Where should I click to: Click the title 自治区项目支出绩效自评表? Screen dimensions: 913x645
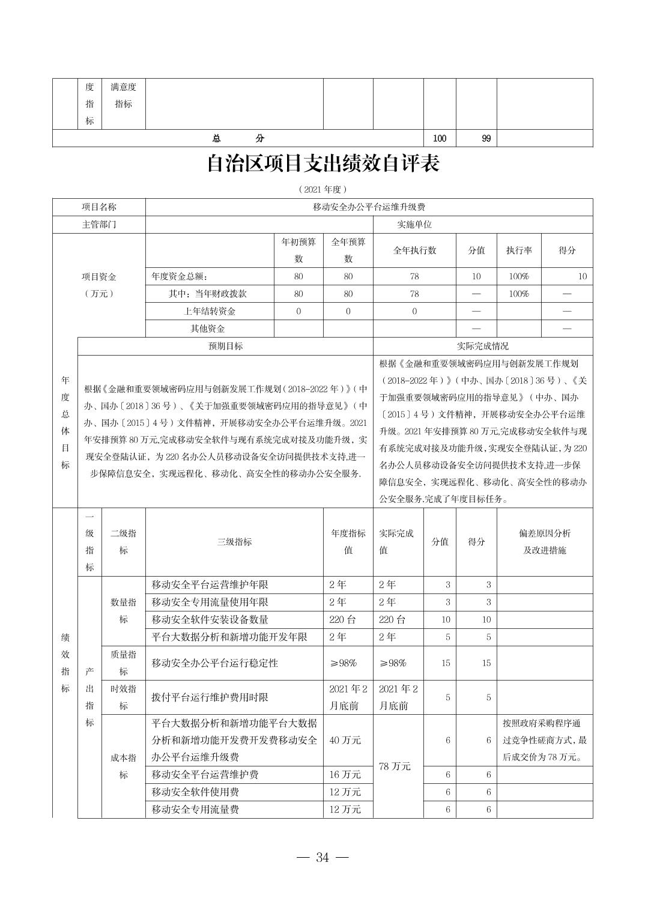point(322,164)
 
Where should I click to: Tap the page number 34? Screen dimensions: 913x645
point(322,857)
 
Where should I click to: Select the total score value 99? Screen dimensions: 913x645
point(486,139)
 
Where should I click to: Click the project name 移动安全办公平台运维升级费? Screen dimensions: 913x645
point(369,207)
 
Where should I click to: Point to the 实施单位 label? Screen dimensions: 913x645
point(414,225)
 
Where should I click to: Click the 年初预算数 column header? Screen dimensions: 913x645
point(298,250)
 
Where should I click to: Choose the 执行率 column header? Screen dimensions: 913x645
point(519,250)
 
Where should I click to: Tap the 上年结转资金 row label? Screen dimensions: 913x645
point(210,311)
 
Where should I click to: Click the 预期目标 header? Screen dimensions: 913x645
point(225,346)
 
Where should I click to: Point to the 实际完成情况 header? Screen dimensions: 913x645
point(482,346)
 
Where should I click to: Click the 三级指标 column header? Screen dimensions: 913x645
point(234,542)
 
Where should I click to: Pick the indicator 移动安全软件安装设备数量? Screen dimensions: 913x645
point(210,619)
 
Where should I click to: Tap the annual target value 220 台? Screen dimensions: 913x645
point(343,619)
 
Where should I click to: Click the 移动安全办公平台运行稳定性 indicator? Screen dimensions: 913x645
point(214,663)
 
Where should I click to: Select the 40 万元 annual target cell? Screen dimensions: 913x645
point(345,740)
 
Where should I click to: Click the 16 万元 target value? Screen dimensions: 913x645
point(345,775)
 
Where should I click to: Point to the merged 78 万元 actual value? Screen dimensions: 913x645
point(395,766)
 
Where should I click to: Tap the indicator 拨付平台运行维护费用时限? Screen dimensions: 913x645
point(210,697)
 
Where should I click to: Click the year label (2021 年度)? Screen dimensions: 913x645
point(322,189)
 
